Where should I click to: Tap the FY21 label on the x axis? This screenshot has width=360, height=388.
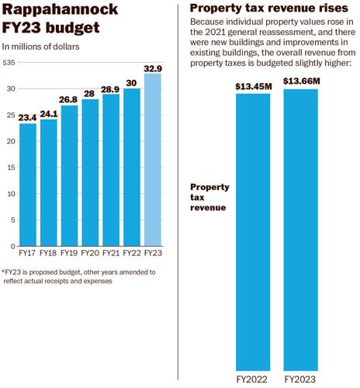tap(111, 252)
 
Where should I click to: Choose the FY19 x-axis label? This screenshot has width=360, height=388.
tap(69, 252)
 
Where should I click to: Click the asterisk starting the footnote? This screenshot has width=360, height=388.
tap(4, 272)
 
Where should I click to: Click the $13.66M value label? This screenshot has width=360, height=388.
tap(300, 81)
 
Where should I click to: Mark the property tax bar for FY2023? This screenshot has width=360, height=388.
tap(300, 233)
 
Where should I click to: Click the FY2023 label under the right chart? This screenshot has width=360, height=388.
tap(300, 379)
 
